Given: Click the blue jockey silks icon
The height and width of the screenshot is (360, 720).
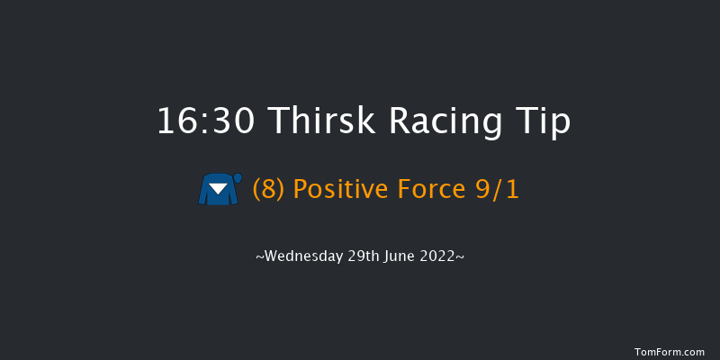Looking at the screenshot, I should click(x=219, y=190).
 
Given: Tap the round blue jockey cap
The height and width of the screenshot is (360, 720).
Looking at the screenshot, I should click(x=238, y=178).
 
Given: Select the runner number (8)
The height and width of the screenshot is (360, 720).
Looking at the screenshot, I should click(x=269, y=191).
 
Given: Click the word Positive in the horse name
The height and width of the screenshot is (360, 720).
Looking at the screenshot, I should click(x=340, y=191).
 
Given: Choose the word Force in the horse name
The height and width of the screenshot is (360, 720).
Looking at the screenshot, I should click(x=433, y=191).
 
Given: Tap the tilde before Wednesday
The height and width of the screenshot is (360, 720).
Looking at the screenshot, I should click(x=260, y=258).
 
